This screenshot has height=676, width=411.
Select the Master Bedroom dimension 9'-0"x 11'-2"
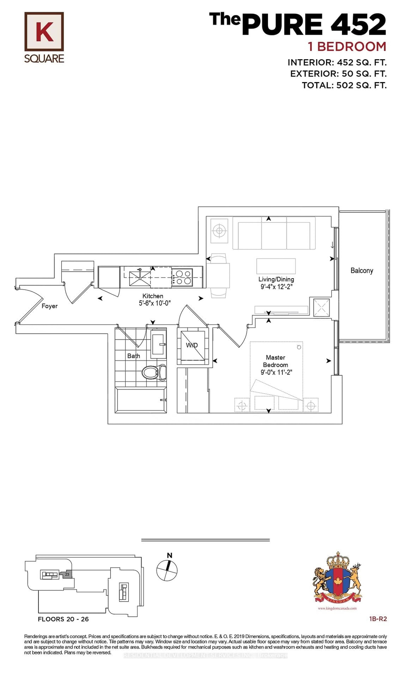[x=276, y=372]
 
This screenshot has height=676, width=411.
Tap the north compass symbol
[x=167, y=571]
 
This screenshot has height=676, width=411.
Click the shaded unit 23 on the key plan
[x=67, y=574]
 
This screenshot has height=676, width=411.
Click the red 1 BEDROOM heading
[x=347, y=47]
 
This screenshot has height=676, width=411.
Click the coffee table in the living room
[x=276, y=266]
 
